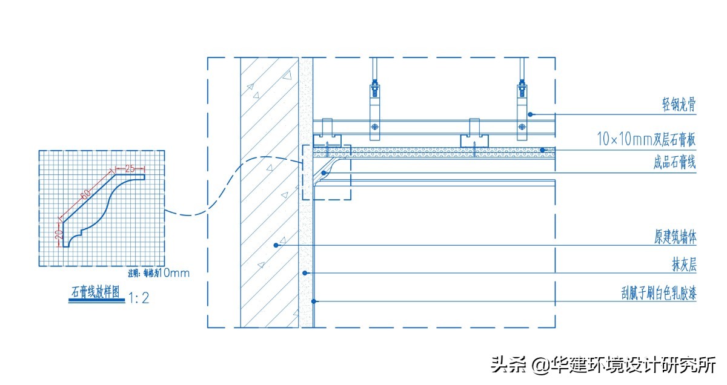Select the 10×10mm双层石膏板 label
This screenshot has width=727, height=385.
click(646, 140)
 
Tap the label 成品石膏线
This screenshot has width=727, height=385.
click(674, 163)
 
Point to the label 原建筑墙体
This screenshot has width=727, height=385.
click(674, 237)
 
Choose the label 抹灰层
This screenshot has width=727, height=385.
click(683, 265)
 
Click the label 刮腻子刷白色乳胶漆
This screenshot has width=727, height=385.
click(654, 294)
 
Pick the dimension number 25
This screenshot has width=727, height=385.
click(130, 168)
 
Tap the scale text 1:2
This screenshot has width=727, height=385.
click(139, 298)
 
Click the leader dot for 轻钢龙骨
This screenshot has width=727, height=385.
click(530, 114)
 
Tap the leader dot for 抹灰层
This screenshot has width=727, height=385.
click(306, 273)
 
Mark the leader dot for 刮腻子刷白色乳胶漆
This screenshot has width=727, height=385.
click(313, 301)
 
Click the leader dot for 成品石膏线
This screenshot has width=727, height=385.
click(325, 173)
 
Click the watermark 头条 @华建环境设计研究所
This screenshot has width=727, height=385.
click(603, 365)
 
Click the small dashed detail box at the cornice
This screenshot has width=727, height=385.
click(326, 173)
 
